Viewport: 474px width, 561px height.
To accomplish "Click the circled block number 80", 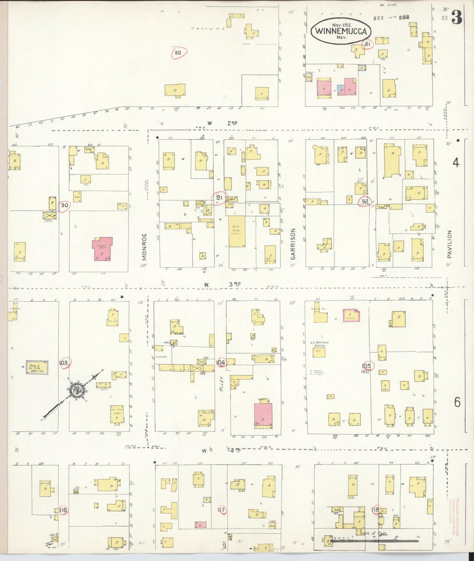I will pos(178,53).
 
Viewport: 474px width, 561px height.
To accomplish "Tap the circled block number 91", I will pos(219,198).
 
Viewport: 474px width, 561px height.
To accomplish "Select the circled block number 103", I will pos(63,363).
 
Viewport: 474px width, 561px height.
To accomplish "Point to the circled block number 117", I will pos(221,510).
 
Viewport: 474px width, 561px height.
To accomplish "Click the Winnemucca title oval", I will pos(341,31).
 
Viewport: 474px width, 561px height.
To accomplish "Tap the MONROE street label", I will pos(145,247).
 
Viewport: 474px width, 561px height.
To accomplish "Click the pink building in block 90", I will pos(102,248).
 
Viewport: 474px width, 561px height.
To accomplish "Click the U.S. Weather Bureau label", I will pos(319,344).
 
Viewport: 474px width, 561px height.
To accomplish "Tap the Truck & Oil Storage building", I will pos(37,367).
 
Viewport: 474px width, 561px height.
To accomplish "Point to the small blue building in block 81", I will pos(341,88).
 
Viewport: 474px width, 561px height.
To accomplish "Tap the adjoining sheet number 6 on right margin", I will pos(457,402).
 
